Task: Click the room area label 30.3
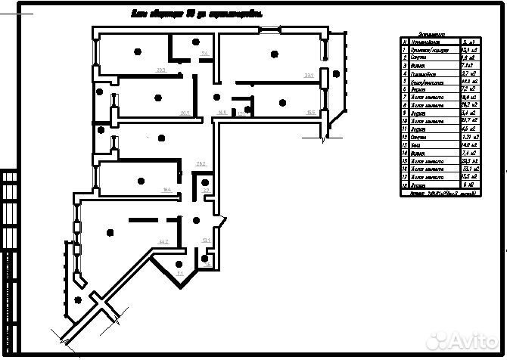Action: [x=161, y=70]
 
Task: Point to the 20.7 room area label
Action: [x=185, y=113]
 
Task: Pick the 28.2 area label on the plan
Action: [x=201, y=163]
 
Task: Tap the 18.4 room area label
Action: [x=167, y=189]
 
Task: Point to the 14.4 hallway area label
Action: [x=221, y=113]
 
